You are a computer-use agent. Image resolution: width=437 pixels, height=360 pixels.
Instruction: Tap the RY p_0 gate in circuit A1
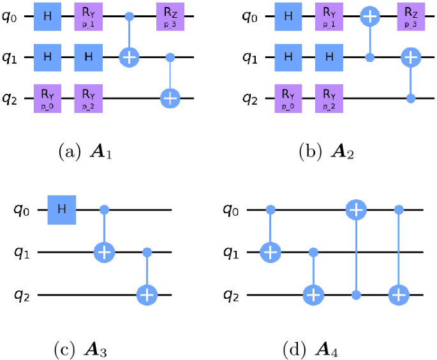pyautogui.click(x=48, y=98)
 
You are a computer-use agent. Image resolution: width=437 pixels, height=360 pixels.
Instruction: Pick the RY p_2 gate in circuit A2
pyautogui.click(x=330, y=98)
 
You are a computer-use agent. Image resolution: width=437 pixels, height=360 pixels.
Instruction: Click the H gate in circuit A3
pyautogui.click(x=61, y=209)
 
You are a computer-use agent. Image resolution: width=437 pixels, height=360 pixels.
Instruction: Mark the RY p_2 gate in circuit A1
pyautogui.click(x=89, y=98)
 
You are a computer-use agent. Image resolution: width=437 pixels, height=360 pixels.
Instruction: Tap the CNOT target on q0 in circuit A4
pyautogui.click(x=355, y=209)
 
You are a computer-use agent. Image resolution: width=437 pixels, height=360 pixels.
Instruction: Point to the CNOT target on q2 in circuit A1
pyautogui.click(x=170, y=98)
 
